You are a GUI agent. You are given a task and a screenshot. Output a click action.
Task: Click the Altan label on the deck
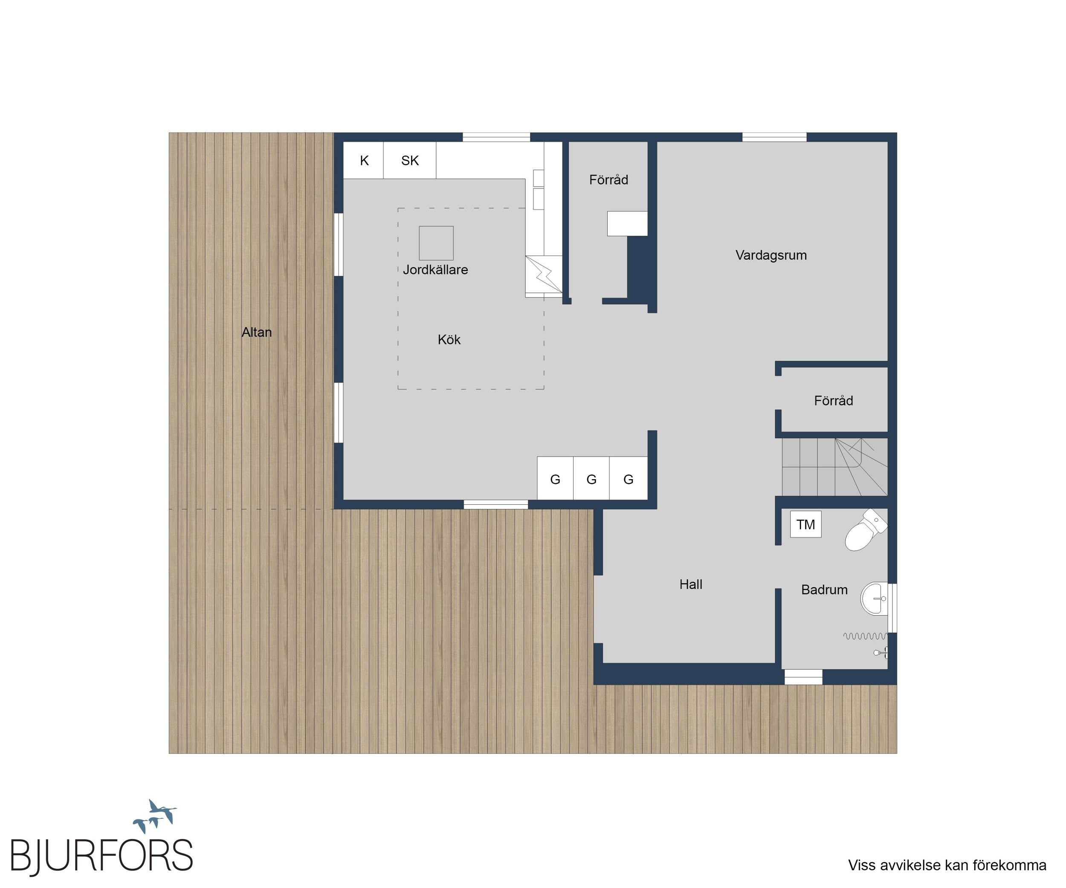pyautogui.click(x=256, y=333)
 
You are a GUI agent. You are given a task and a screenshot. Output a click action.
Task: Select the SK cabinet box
pyautogui.click(x=410, y=160)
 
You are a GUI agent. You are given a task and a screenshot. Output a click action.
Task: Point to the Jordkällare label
pyautogui.click(x=435, y=269)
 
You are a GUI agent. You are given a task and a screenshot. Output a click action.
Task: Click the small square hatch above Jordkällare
pyautogui.click(x=436, y=243)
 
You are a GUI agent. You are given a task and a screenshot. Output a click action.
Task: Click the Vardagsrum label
pyautogui.click(x=771, y=255)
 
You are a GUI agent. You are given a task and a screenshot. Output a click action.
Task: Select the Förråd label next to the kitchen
pyautogui.click(x=608, y=179)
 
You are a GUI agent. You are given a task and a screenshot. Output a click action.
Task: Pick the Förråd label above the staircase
pyautogui.click(x=834, y=401)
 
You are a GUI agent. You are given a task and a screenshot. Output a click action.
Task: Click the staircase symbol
pyautogui.click(x=834, y=467)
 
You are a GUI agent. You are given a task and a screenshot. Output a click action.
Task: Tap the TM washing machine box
pyautogui.click(x=805, y=524)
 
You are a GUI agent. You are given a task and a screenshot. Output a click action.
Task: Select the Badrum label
pyautogui.click(x=824, y=590)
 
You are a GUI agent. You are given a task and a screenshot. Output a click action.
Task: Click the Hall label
pyautogui.click(x=691, y=584)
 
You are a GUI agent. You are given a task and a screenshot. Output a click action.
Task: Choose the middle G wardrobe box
pyautogui.click(x=591, y=478)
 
